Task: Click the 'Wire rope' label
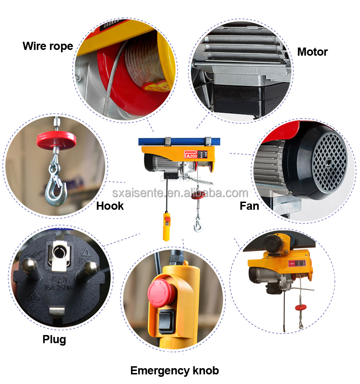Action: coord(48,46)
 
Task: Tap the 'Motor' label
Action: coord(312,52)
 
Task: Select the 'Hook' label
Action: coord(110,206)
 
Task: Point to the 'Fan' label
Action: coord(249,206)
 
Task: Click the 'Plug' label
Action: coord(54,340)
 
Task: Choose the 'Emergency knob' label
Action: coord(175,371)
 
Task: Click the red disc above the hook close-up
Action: coord(56,140)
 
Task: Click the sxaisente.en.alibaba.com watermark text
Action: coord(180,193)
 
